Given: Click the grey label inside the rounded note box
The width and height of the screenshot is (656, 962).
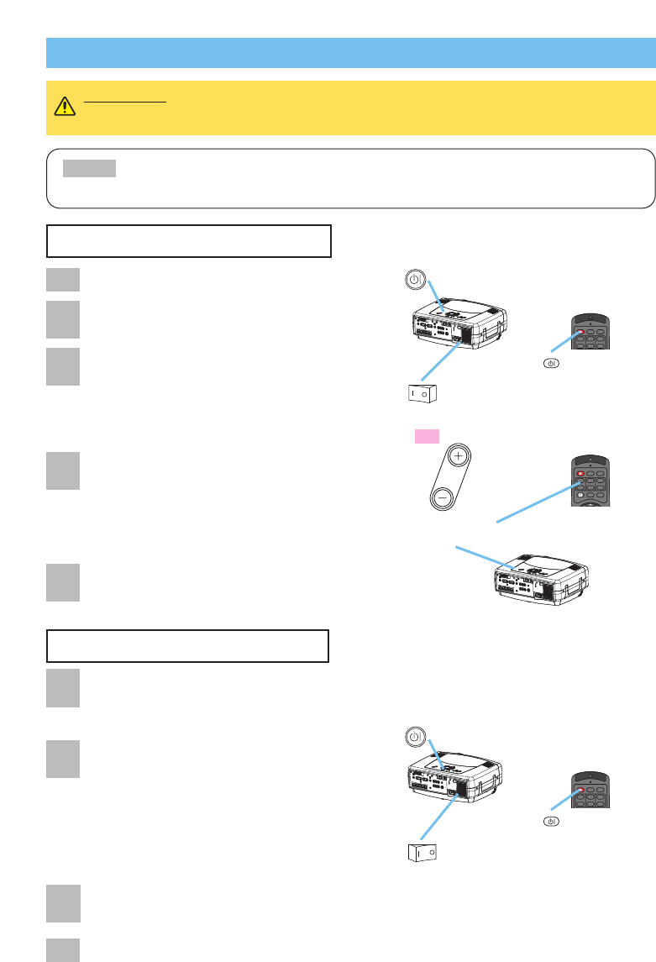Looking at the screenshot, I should pos(90,169).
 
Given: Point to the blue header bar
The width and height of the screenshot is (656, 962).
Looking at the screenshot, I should pos(350,52).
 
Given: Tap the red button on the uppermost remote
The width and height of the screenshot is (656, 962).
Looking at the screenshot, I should pos(581,332).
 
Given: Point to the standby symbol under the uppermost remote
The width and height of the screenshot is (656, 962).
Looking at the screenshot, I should pos(550,364).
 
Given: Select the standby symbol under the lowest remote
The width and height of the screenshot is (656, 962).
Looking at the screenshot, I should pos(550,821).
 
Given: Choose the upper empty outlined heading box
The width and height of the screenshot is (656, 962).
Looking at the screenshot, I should pos(189,240).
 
